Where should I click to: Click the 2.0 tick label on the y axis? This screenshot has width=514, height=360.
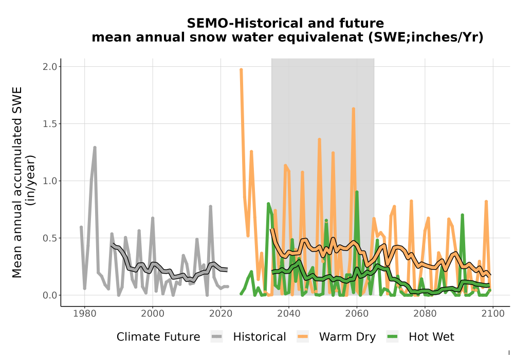(50, 66)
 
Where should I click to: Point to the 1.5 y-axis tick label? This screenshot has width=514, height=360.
(50, 123)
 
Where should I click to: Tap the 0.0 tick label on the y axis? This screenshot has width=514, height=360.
(50, 295)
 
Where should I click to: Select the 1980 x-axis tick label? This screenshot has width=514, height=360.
(85, 313)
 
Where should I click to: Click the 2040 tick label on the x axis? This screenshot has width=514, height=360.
(289, 313)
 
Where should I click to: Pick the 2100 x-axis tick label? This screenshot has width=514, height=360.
(493, 313)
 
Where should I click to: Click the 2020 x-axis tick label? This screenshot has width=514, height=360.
(221, 313)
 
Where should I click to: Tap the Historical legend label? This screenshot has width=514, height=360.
(260, 337)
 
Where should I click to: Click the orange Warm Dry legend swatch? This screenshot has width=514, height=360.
(303, 337)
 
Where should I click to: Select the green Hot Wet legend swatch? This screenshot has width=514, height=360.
(392, 337)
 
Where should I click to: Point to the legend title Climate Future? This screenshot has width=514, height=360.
(158, 337)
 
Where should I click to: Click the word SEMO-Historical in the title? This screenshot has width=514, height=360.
(240, 23)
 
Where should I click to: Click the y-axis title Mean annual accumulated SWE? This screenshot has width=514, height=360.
(17, 182)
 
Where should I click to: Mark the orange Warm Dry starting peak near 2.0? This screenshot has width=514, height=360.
(241, 70)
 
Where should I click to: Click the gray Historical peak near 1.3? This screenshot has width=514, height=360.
(95, 148)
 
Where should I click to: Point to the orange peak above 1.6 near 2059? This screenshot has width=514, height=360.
(354, 109)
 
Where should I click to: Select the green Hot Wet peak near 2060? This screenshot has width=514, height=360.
(357, 192)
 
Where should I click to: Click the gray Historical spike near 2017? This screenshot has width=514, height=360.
(210, 207)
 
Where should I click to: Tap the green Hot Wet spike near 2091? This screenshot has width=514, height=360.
(462, 215)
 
